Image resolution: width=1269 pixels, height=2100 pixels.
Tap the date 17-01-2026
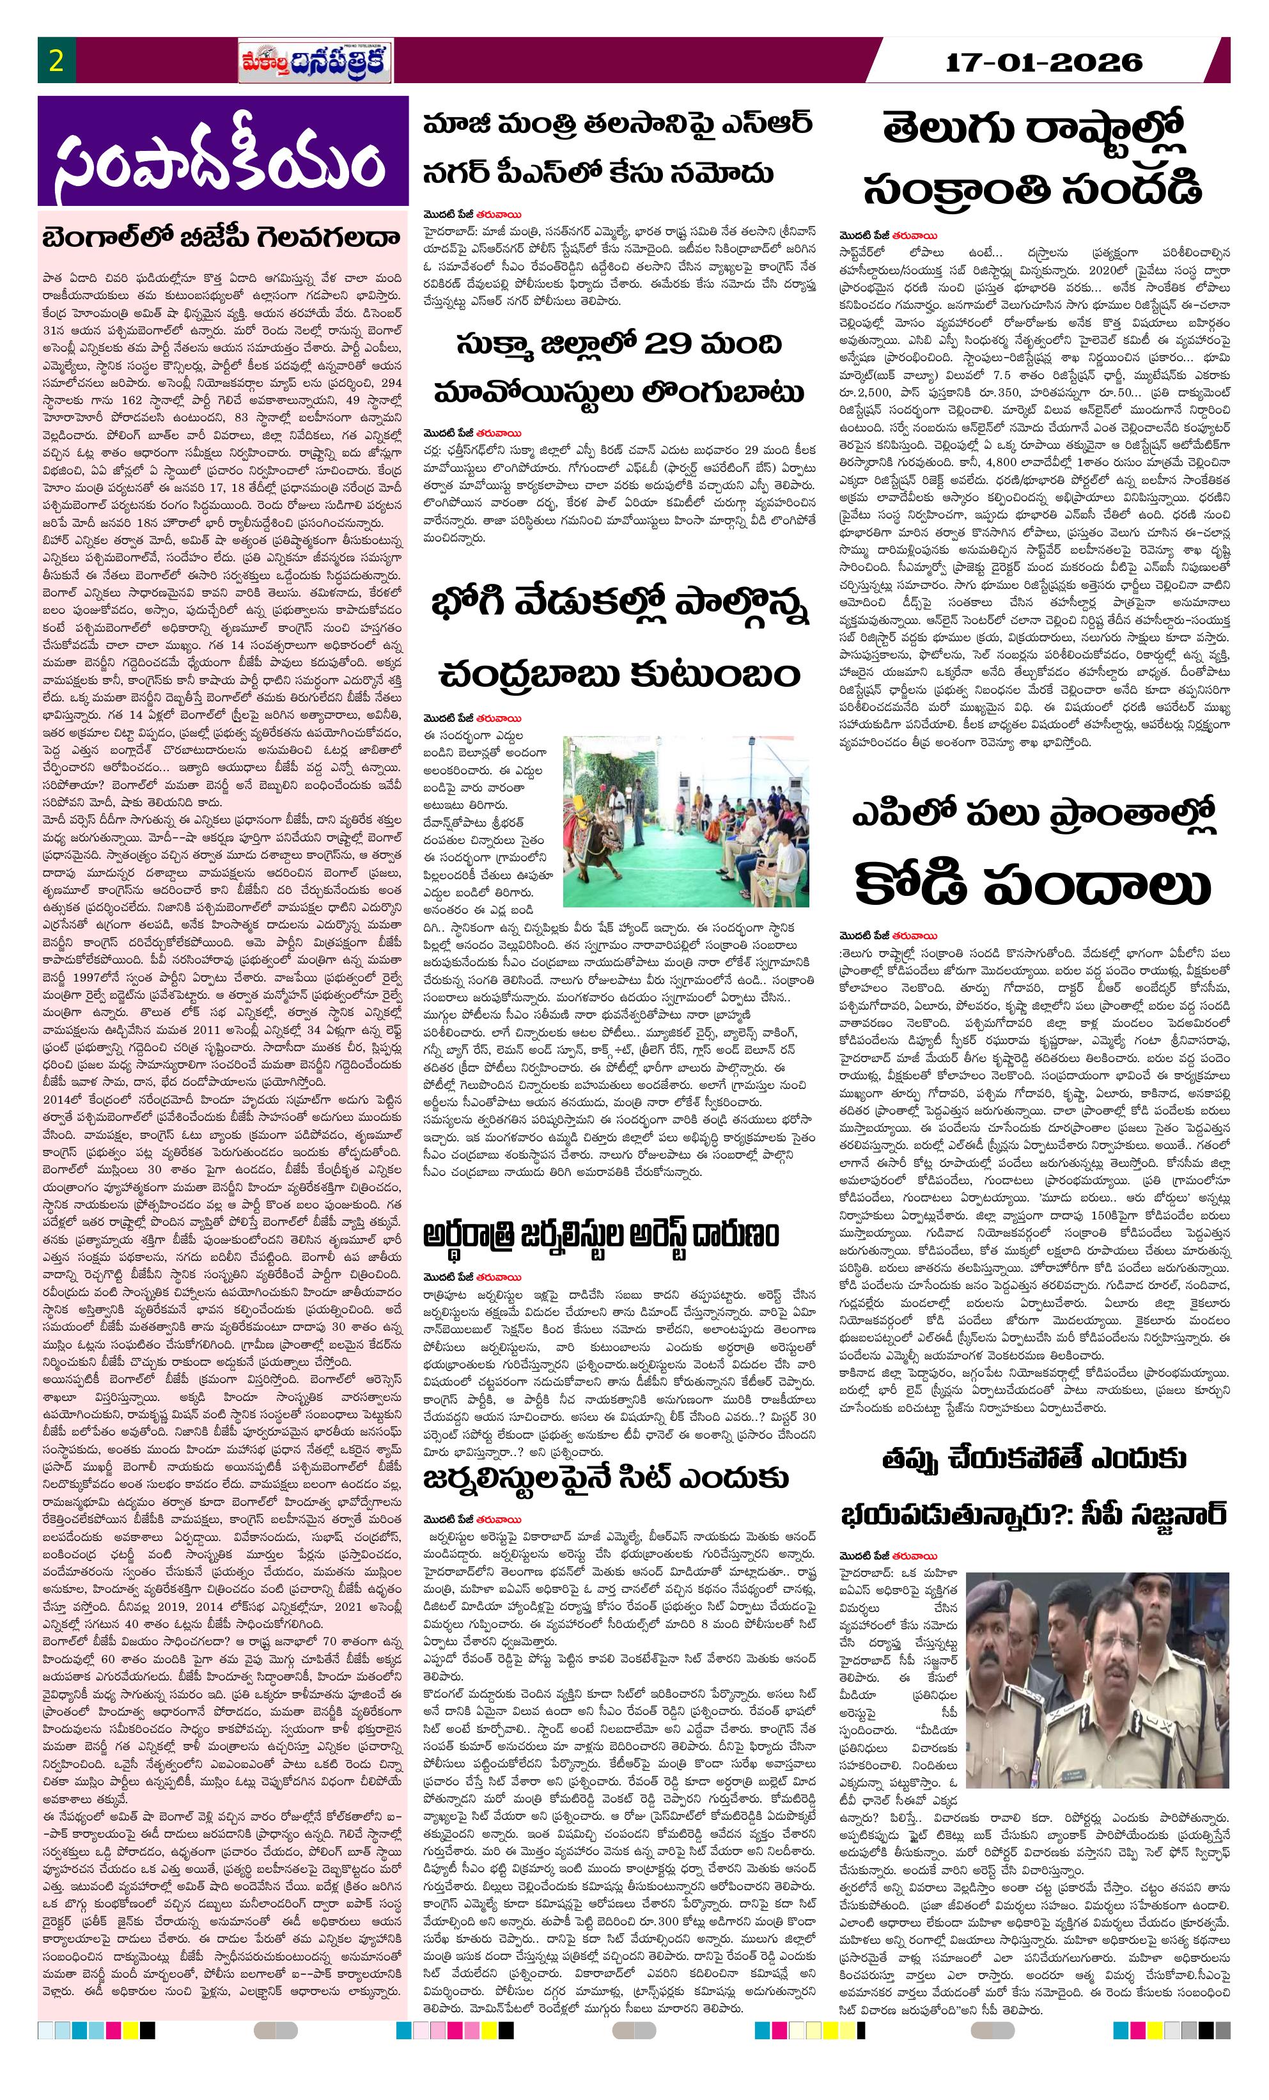pyautogui.click(x=1044, y=61)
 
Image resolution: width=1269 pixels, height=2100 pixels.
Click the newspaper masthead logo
pyautogui.click(x=315, y=62)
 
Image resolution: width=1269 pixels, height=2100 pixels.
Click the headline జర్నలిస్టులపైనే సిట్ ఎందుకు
pyautogui.click(x=605, y=1478)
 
